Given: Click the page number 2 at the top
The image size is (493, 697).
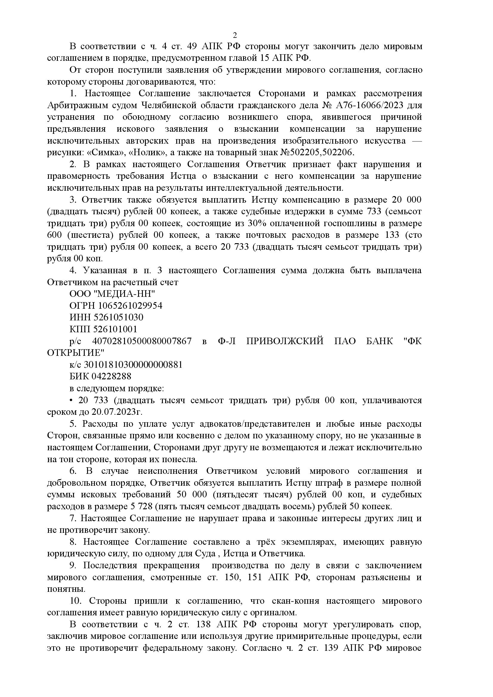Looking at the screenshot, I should [x=234, y=35].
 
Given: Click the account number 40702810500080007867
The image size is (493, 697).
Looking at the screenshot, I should [x=142, y=341].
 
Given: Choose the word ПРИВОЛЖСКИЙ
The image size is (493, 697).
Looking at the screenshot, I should [x=285, y=341].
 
